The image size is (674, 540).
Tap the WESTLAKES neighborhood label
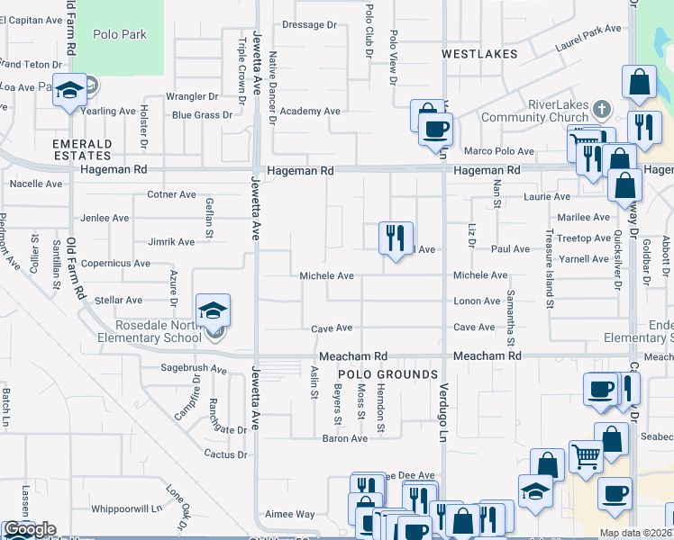[x=479, y=54]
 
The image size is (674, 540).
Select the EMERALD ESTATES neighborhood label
[x=82, y=149]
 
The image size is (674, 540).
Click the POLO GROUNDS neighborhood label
[x=387, y=374]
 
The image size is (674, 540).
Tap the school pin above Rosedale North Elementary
[x=213, y=311]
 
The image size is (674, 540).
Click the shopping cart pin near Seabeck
[x=586, y=457]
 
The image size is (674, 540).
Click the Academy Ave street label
[x=309, y=111]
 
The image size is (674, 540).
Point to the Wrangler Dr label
[x=192, y=95]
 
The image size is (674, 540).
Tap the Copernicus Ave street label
[x=115, y=263]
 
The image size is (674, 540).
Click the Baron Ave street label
[x=345, y=438]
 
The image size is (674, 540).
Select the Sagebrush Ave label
[x=193, y=369]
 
